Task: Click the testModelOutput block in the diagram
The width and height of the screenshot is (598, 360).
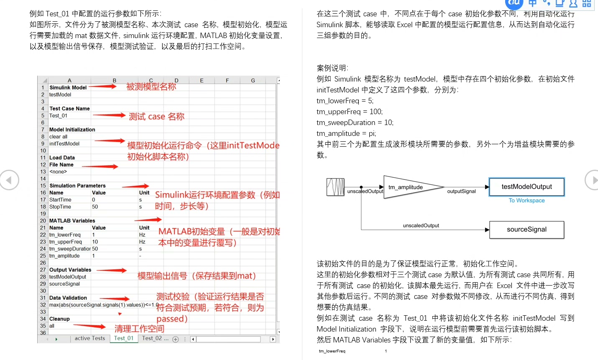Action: (526, 187)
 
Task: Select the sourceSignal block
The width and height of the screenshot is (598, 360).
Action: (526, 230)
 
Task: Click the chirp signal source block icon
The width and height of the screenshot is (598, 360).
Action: (335, 187)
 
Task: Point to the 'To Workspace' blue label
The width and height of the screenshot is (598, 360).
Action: (526, 201)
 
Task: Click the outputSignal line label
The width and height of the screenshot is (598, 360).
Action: (461, 191)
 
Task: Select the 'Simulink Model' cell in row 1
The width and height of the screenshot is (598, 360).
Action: (68, 88)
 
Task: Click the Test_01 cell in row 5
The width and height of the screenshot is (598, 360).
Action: (59, 116)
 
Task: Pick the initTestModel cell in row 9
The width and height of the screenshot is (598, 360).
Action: (64, 144)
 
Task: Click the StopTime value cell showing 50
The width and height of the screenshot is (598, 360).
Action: (95, 207)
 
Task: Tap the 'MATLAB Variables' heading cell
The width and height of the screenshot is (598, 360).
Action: (72, 221)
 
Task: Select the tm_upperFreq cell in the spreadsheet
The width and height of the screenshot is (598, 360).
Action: (66, 242)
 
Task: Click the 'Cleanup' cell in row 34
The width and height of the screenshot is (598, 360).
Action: (60, 319)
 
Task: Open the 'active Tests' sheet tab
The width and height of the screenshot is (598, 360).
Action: (90, 338)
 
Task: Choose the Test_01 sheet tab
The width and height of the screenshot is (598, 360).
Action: (124, 338)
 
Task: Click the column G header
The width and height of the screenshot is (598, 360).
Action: (253, 81)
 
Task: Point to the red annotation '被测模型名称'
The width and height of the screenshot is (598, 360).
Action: (151, 87)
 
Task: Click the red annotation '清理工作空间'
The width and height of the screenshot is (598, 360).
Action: (139, 329)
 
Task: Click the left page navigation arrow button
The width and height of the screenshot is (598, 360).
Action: (9, 180)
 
